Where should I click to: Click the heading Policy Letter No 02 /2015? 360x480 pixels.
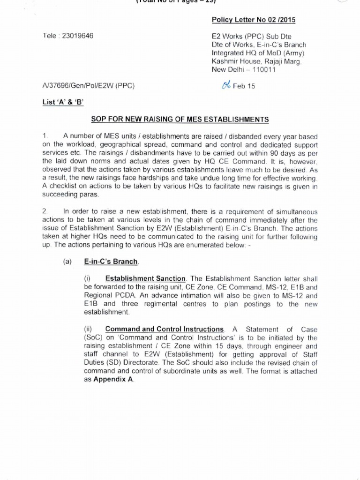[254, 20]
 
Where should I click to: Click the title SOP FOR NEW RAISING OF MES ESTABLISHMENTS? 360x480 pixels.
[180, 120]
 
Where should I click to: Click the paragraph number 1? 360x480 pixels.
[45, 136]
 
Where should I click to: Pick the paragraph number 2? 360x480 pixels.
[45, 212]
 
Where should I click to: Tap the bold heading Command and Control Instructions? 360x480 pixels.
[164, 329]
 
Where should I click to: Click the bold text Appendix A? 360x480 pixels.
[113, 380]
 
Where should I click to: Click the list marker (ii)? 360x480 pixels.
[89, 329]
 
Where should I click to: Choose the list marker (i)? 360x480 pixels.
[88, 278]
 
